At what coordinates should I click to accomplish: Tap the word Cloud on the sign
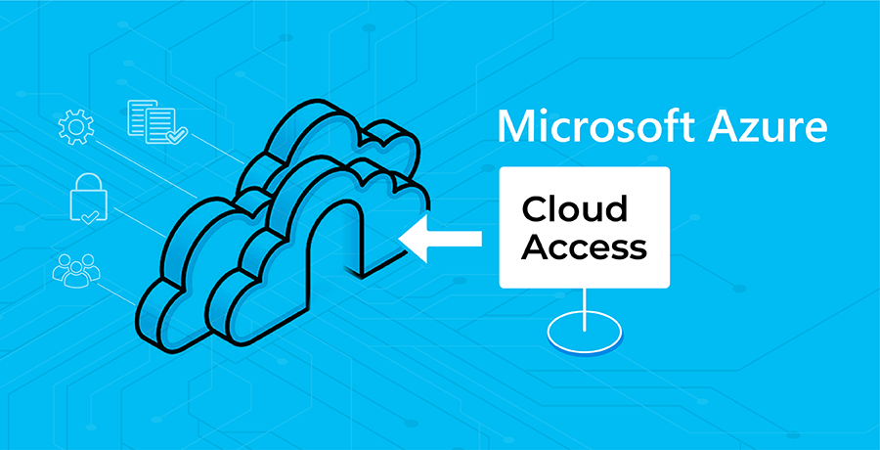[x=575, y=210]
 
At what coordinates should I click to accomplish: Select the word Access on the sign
[x=585, y=247]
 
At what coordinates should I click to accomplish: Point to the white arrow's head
[x=413, y=239]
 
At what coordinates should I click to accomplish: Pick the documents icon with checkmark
[x=156, y=121]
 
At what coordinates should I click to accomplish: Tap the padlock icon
[x=88, y=199]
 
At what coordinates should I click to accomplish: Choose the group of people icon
[x=75, y=270]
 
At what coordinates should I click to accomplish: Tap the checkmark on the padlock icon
[x=88, y=216]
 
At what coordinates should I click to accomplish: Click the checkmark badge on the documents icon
[x=179, y=135]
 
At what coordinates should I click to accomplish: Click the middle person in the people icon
[x=75, y=271]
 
